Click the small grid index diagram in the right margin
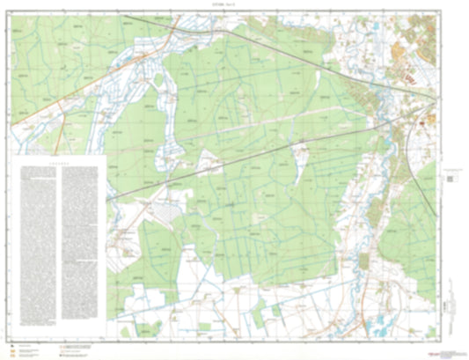451,177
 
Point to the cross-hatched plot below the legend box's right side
162,214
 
